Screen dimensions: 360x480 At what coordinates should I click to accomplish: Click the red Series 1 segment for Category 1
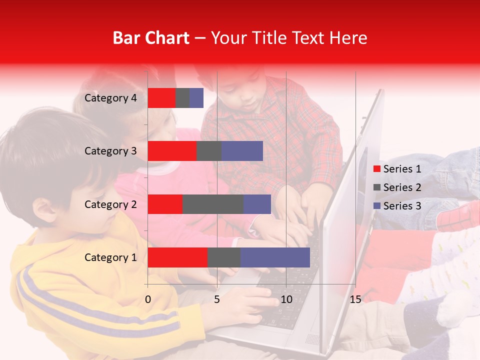click(x=177, y=257)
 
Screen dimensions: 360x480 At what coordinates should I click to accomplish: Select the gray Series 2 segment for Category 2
click(x=212, y=204)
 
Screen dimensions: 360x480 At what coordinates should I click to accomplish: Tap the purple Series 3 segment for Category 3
click(x=242, y=151)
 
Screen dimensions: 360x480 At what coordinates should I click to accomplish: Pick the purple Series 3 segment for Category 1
click(x=275, y=257)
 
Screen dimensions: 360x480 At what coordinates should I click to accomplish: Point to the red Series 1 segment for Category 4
click(x=161, y=98)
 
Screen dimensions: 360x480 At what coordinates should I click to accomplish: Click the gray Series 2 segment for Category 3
click(x=208, y=151)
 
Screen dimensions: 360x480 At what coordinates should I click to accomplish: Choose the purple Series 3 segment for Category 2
click(x=257, y=204)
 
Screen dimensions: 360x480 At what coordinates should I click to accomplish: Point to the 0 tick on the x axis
click(x=148, y=299)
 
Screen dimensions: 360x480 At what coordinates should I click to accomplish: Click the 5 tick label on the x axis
click(x=217, y=299)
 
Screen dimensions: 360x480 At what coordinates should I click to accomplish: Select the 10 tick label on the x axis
click(x=286, y=299)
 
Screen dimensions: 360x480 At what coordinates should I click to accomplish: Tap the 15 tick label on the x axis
click(x=355, y=299)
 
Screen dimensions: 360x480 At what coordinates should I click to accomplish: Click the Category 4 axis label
click(x=110, y=98)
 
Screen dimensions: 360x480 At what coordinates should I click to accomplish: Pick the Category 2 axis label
click(x=110, y=204)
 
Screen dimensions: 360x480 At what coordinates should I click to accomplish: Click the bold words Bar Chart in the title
click(x=151, y=38)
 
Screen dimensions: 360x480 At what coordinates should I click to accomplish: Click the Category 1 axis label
click(x=110, y=257)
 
